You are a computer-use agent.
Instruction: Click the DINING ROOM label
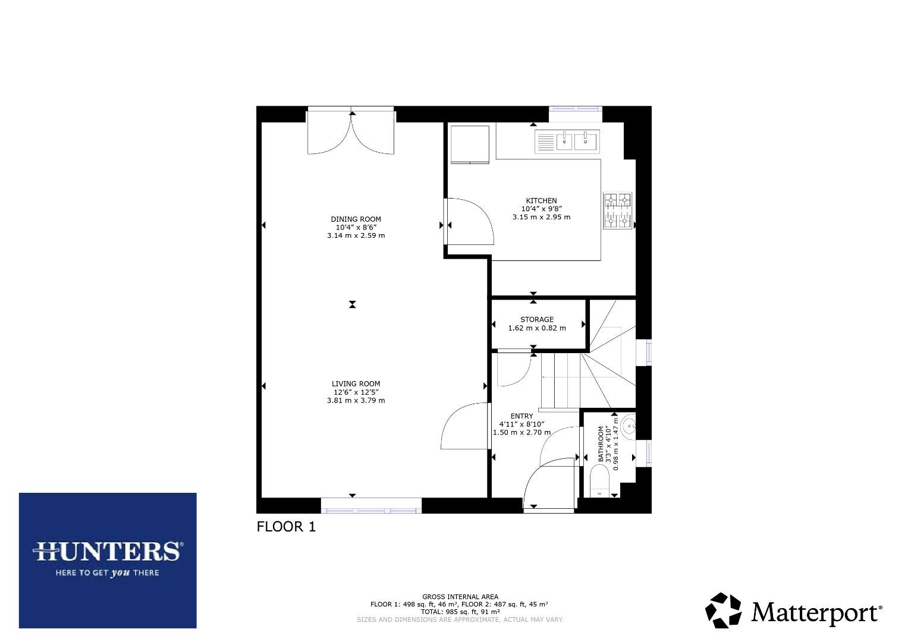pyautogui.click(x=356, y=219)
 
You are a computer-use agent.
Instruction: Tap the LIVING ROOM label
pyautogui.click(x=356, y=384)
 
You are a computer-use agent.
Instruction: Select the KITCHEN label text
pyautogui.click(x=541, y=201)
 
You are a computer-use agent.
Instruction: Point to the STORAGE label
pyautogui.click(x=537, y=319)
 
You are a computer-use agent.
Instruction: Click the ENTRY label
pyautogui.click(x=521, y=416)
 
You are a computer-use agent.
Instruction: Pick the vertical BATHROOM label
pyautogui.click(x=601, y=443)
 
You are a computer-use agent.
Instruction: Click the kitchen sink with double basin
pyautogui.click(x=567, y=142)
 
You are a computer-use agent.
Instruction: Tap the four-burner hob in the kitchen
pyautogui.click(x=617, y=210)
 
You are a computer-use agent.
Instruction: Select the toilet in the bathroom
pyautogui.click(x=600, y=481)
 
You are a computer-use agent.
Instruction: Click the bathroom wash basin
pyautogui.click(x=629, y=426)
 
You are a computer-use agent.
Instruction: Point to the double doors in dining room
pyautogui.click(x=351, y=131)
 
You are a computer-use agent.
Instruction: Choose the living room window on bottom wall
pyautogui.click(x=371, y=506)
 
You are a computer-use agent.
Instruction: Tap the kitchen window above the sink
pyautogui.click(x=576, y=109)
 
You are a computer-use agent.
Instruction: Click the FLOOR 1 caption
pyautogui.click(x=286, y=527)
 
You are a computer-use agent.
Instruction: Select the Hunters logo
pyautogui.click(x=108, y=561)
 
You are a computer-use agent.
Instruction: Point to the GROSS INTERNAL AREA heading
pyautogui.click(x=460, y=597)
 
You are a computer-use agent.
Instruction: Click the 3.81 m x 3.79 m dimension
pyautogui.click(x=356, y=401)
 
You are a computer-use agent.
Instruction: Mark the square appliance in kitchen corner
pyautogui.click(x=470, y=144)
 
